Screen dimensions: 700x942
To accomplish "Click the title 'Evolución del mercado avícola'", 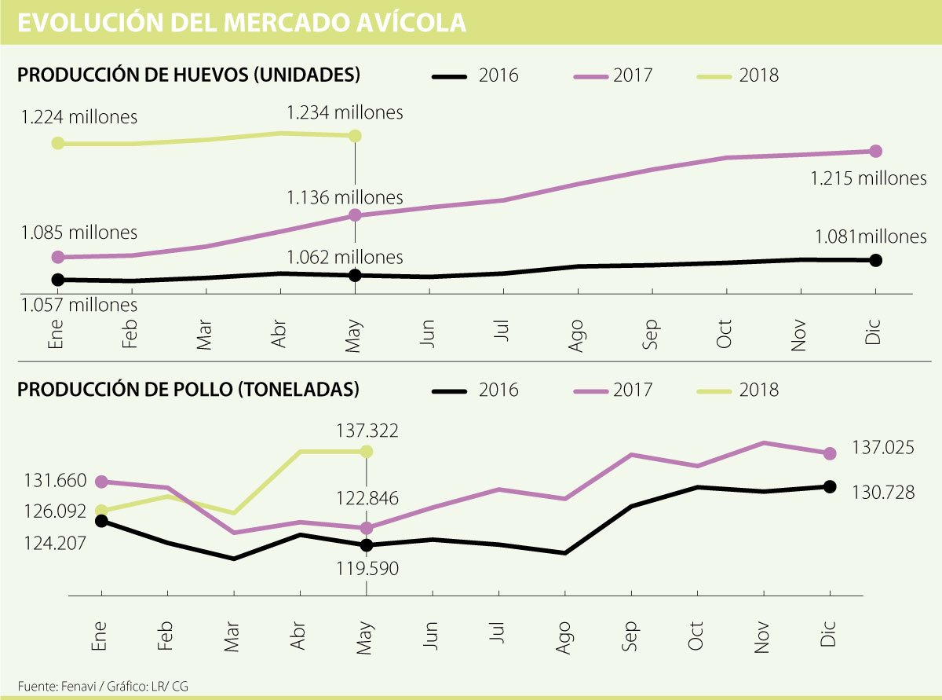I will (242, 22).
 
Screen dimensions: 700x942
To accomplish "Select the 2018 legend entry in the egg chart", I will (738, 75).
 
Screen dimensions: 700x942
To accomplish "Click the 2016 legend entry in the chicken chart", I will (475, 390).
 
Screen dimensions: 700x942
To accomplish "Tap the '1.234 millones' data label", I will (345, 112).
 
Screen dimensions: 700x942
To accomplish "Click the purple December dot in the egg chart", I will (876, 151).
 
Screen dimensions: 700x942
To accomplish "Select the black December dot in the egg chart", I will (876, 260).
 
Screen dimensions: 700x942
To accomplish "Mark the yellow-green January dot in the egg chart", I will (57, 143).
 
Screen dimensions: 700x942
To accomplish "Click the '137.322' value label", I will (365, 431).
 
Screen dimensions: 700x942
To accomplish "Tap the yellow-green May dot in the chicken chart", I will (366, 451).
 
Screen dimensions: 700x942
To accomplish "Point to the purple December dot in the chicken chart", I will (829, 453).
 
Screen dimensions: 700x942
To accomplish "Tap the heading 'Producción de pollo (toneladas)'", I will (188, 389).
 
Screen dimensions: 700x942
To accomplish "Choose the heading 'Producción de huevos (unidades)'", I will (188, 75).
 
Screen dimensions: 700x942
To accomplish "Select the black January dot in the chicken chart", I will (101, 520).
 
